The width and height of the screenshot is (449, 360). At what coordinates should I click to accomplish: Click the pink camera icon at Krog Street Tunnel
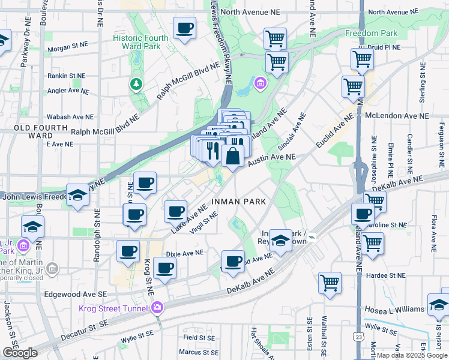pos(157,308)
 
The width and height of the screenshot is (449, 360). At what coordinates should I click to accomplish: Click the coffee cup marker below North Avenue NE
pos(185,28)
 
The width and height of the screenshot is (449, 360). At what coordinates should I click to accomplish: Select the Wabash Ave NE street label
pos(71,117)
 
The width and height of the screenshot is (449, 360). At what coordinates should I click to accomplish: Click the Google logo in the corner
pos(20,353)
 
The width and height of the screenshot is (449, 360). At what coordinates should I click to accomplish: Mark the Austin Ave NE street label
pos(272,159)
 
